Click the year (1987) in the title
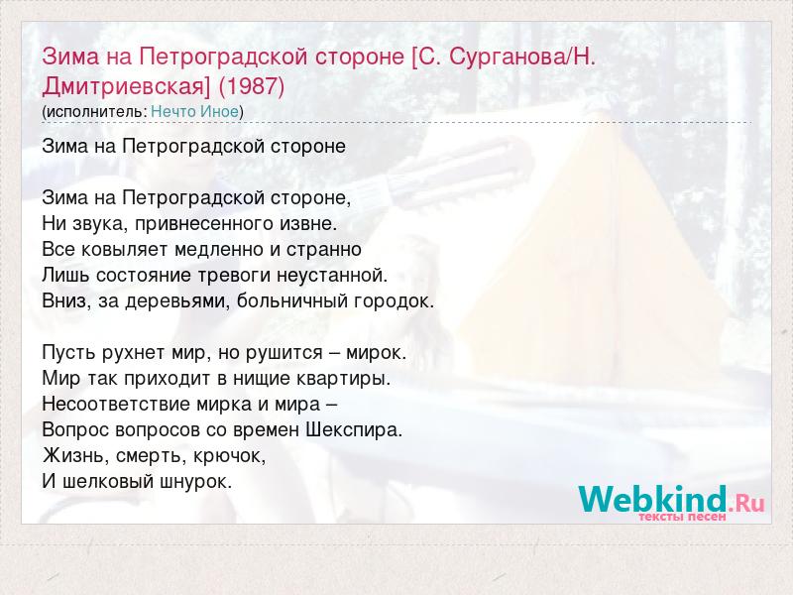(x=252, y=86)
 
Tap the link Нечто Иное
(x=194, y=111)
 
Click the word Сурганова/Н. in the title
(x=522, y=57)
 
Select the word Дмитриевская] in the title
(x=126, y=86)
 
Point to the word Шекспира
(x=354, y=430)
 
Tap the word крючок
(x=229, y=456)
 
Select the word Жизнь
(x=76, y=456)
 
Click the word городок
(x=394, y=301)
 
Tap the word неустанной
(x=332, y=276)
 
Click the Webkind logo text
(x=652, y=499)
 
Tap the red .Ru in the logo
(x=746, y=503)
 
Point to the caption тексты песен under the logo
(x=682, y=517)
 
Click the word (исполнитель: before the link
(x=94, y=112)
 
